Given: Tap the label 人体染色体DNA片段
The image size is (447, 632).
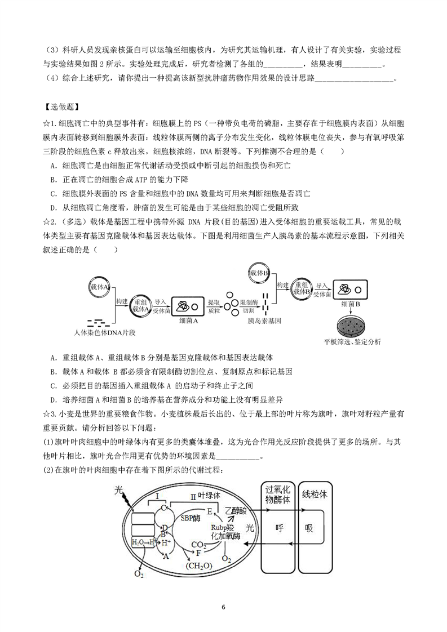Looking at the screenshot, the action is pyautogui.click(x=104, y=332).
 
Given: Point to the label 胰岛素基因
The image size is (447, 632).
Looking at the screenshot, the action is pyautogui.click(x=265, y=321).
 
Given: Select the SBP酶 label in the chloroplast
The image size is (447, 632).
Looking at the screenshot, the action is pyautogui.click(x=191, y=518).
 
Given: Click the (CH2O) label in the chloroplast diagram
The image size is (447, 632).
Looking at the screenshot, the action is pyautogui.click(x=198, y=566).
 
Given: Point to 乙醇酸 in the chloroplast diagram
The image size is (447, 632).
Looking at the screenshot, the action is pyautogui.click(x=236, y=510).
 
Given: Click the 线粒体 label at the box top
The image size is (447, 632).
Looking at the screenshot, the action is pyautogui.click(x=315, y=494).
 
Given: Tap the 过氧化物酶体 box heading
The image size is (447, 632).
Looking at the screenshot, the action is pyautogui.click(x=277, y=495).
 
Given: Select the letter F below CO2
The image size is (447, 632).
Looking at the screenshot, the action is pyautogui.click(x=198, y=553).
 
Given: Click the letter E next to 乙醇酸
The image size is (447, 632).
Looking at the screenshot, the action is pyautogui.click(x=210, y=511).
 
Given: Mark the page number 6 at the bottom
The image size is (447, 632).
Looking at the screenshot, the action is pyautogui.click(x=223, y=607).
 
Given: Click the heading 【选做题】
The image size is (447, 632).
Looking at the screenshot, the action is pyautogui.click(x=62, y=107).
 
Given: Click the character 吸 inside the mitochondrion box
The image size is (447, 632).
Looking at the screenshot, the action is pyautogui.click(x=309, y=528).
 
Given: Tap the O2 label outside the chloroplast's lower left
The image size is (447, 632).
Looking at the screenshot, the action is pyautogui.click(x=138, y=575).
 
